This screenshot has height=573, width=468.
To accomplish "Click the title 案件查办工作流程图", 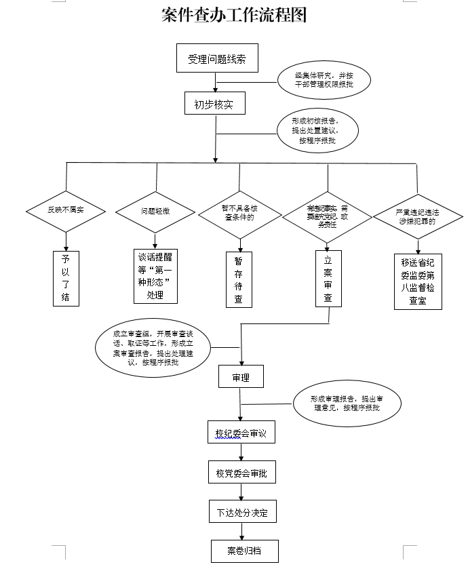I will [x=234, y=15].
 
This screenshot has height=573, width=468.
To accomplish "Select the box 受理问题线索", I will [x=217, y=59].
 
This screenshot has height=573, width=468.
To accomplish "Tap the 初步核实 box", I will [x=214, y=104].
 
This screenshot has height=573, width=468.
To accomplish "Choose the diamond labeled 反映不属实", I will [x=66, y=211].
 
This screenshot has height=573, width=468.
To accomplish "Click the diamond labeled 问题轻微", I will [x=155, y=212].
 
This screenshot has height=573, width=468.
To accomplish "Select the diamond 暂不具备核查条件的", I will [x=239, y=214].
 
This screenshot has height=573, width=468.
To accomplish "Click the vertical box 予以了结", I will [x=66, y=278].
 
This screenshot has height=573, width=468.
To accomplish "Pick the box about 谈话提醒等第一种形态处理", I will [x=155, y=276].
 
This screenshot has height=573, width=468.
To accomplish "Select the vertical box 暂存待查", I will [x=239, y=279].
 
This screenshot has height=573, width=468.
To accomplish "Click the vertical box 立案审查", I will [x=328, y=279].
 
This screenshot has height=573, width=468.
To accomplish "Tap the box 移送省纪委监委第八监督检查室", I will [x=418, y=281].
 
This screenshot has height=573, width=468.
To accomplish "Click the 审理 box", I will [x=241, y=377].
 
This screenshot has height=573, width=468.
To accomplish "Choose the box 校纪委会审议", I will [x=241, y=432].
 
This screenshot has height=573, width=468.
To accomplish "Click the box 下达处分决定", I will [x=242, y=512].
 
